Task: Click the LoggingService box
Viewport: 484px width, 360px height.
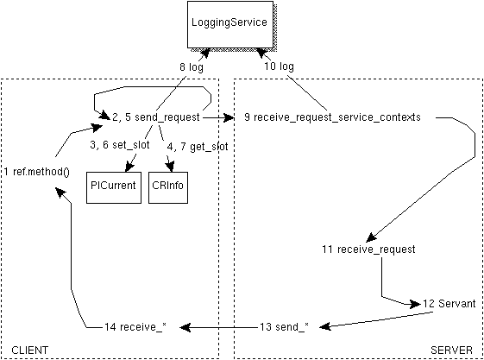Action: (228, 24)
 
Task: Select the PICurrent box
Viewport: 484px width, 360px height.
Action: (113, 186)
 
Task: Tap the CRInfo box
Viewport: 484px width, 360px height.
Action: (168, 186)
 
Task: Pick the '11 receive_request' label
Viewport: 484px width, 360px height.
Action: (368, 249)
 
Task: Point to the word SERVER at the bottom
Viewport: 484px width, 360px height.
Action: (451, 350)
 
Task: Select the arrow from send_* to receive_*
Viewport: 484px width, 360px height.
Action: (216, 326)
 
